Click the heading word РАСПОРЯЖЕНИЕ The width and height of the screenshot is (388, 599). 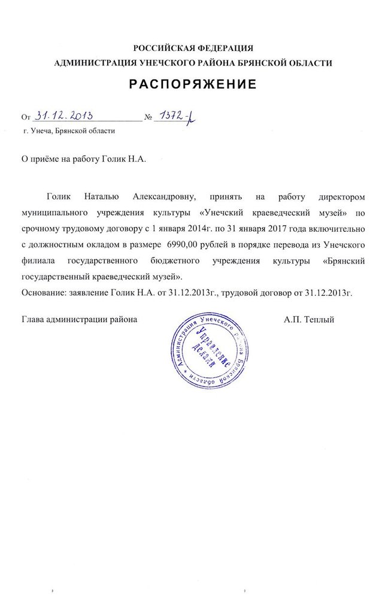[193, 84]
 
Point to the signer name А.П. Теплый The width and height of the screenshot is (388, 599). [310, 320]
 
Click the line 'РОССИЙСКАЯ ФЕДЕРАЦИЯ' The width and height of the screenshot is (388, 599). [193, 48]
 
